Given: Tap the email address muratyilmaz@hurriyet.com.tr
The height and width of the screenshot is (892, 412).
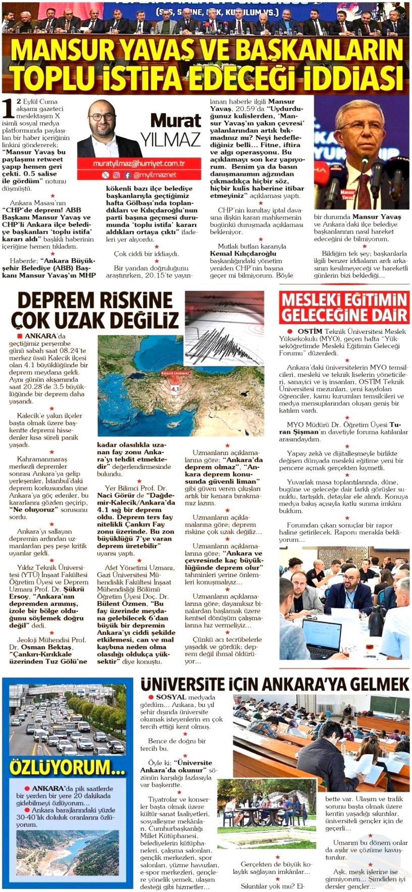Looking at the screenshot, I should (140, 164).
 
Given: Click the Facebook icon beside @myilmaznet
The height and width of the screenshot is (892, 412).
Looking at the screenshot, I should (127, 175).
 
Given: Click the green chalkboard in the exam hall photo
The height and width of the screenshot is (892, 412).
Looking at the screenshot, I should (386, 704).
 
